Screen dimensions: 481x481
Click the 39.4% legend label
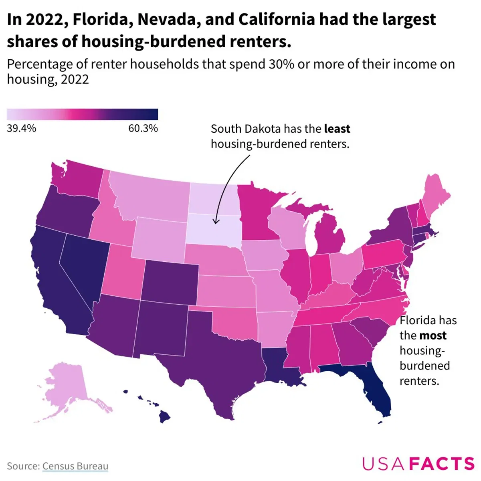(21, 129)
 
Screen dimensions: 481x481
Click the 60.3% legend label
(143, 129)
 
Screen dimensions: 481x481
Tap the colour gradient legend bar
(82, 114)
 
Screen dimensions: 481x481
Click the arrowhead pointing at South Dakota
(215, 221)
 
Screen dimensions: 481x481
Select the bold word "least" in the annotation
(337, 129)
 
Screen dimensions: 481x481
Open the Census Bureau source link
(75, 466)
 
